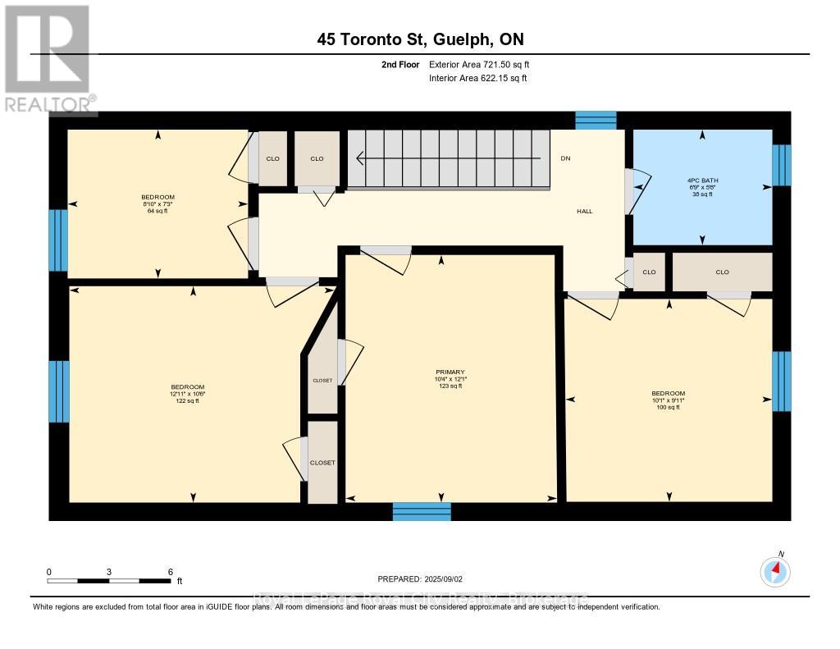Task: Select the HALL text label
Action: (584, 212)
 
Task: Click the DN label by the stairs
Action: (564, 158)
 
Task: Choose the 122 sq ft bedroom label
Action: (187, 394)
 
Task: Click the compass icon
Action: (775, 572)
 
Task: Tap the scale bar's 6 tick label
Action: (169, 572)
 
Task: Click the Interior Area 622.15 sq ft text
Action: (477, 78)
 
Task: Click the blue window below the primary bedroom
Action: (422, 512)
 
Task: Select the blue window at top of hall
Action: (595, 120)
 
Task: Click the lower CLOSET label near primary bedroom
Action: (322, 463)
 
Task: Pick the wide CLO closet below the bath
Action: (722, 272)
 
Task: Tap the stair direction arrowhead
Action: (358, 158)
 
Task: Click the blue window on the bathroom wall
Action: (783, 165)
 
